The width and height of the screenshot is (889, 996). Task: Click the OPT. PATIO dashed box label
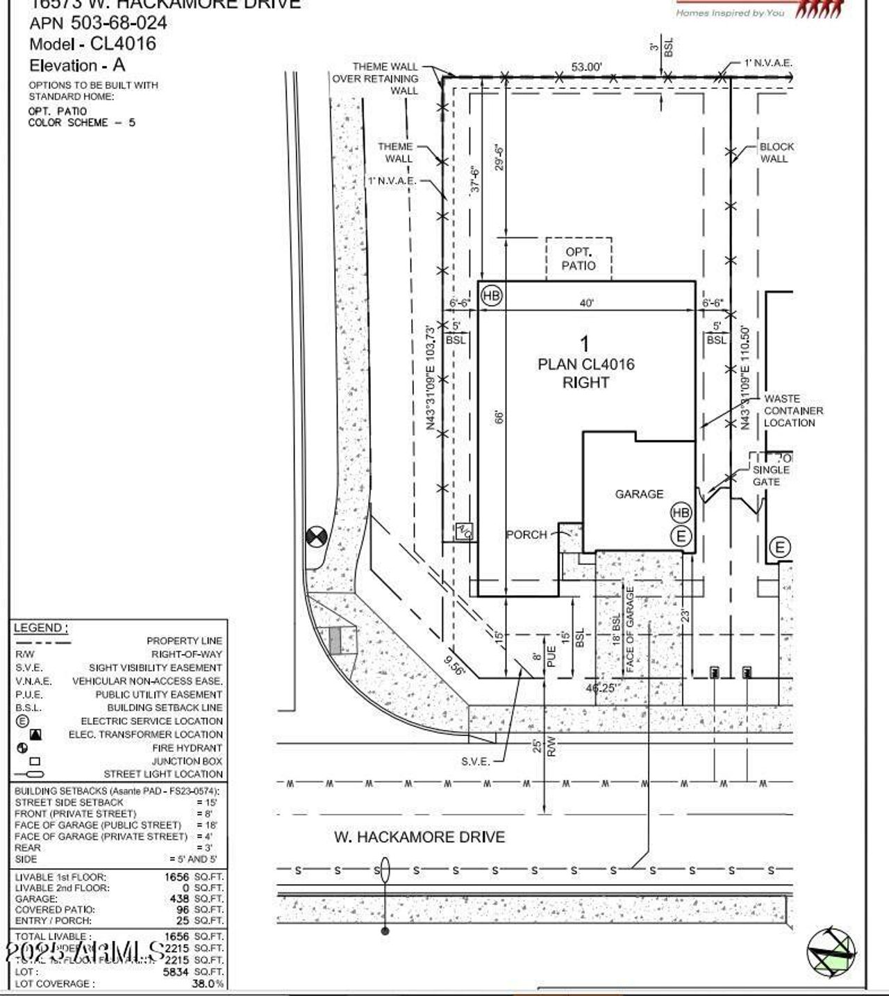pyautogui.click(x=579, y=259)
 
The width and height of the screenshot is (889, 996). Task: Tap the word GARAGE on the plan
pyautogui.click(x=639, y=494)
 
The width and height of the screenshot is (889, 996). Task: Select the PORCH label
pyautogui.click(x=526, y=534)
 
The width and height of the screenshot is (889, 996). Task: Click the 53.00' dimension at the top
pyautogui.click(x=586, y=67)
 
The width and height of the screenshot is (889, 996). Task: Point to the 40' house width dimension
pyautogui.click(x=587, y=303)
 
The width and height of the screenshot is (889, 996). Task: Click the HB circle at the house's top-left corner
pyautogui.click(x=491, y=295)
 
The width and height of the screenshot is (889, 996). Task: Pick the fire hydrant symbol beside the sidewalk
pyautogui.click(x=317, y=537)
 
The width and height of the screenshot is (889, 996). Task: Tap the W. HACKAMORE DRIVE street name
pyautogui.click(x=419, y=837)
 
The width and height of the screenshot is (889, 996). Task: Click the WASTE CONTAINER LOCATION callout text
pyautogui.click(x=793, y=411)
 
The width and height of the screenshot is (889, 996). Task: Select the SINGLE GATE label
pyautogui.click(x=770, y=475)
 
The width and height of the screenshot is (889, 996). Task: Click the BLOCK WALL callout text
pyautogui.click(x=776, y=152)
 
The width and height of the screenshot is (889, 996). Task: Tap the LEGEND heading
pyautogui.click(x=40, y=628)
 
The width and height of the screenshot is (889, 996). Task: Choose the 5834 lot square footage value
pyautogui.click(x=176, y=972)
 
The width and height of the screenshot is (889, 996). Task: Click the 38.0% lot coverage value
pyautogui.click(x=208, y=983)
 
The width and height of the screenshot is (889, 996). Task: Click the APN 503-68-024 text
pyautogui.click(x=98, y=23)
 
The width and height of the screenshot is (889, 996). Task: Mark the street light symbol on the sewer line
pyautogui.click(x=385, y=870)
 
